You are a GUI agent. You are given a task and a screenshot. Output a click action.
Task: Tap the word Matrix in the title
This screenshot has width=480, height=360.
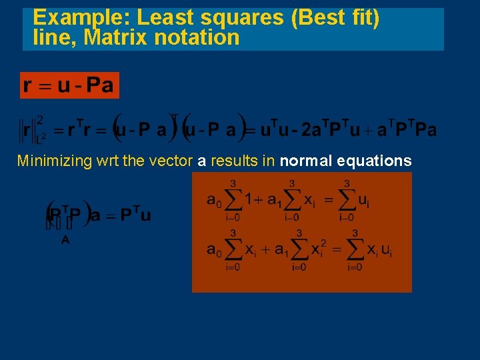click(115, 37)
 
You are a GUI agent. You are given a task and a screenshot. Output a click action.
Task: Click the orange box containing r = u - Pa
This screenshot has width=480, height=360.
click(69, 85)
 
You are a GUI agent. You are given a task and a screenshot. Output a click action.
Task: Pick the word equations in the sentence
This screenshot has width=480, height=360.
click(375, 161)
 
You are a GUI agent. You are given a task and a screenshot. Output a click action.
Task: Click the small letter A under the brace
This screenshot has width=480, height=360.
click(65, 241)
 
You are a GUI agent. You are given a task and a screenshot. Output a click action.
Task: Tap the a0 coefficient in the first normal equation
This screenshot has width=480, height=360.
click(215, 199)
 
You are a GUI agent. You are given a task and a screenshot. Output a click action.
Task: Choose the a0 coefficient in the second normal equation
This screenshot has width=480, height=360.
click(215, 250)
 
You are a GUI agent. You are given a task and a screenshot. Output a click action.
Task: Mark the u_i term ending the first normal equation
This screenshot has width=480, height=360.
click(363, 200)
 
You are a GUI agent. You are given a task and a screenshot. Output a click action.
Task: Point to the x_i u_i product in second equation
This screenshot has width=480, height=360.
click(379, 251)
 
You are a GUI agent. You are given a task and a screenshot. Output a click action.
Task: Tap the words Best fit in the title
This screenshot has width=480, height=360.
click(335, 18)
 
